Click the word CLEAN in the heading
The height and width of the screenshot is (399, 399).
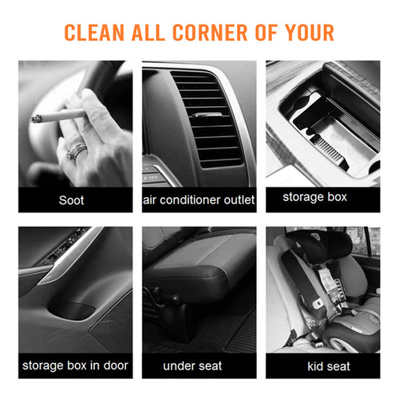(x=94, y=33)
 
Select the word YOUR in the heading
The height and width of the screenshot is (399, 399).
(x=310, y=33)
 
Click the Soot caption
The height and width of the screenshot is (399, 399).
(x=71, y=200)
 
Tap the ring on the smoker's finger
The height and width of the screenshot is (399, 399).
(x=77, y=151)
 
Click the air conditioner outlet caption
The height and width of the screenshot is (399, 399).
(x=199, y=200)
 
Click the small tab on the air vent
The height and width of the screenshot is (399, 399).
(x=207, y=115)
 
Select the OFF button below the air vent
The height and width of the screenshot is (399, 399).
(x=152, y=177)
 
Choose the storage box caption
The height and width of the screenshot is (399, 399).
(x=315, y=197)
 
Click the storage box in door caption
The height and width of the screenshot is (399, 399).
(x=75, y=365)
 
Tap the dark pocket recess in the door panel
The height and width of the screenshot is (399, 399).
(x=71, y=310)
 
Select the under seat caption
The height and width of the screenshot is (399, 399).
(x=192, y=366)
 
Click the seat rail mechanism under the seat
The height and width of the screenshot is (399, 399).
(x=165, y=306)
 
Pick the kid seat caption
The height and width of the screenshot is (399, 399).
(x=329, y=366)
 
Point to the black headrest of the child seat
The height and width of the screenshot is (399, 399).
(x=319, y=244)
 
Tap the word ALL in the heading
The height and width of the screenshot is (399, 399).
(x=148, y=33)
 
